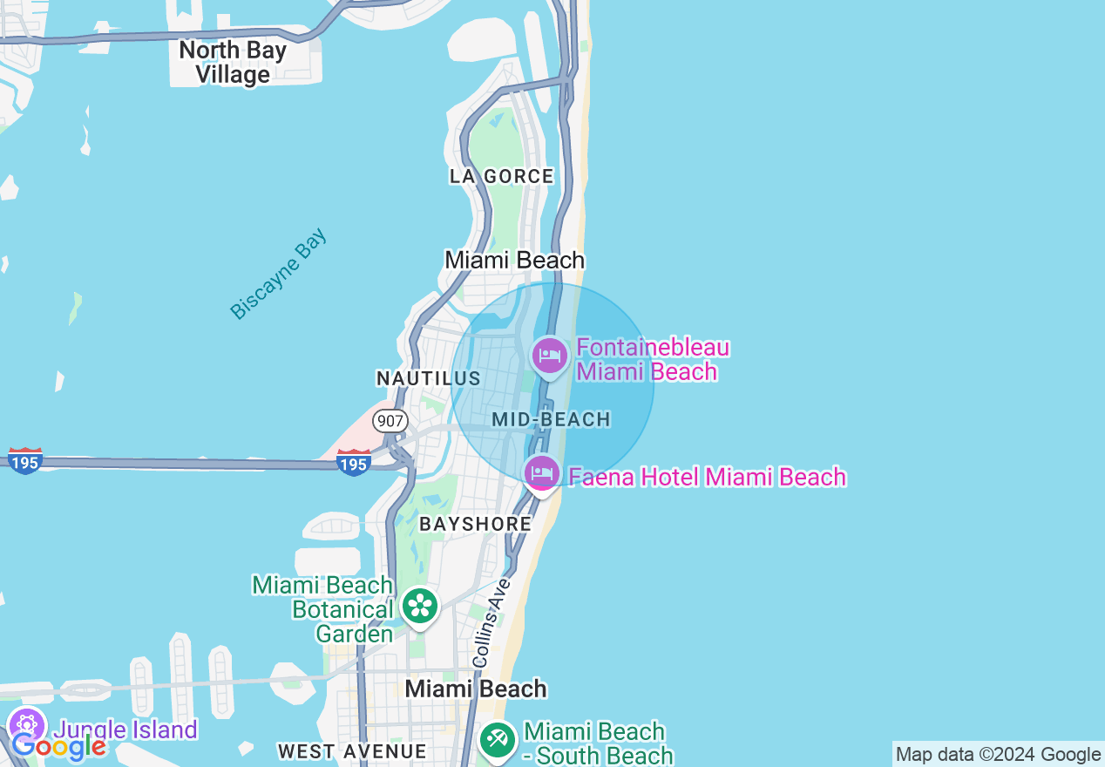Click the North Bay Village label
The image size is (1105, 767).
[233, 62]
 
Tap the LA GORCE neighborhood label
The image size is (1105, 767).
[501, 176]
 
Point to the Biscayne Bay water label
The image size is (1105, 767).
[278, 274]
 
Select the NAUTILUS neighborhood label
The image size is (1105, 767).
[428, 378]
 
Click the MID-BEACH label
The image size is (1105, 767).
[551, 419]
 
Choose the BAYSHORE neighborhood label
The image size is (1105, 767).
[475, 524]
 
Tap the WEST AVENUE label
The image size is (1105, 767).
[352, 751]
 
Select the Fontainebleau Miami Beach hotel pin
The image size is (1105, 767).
[550, 356]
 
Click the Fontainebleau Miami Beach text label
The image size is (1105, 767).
[652, 359]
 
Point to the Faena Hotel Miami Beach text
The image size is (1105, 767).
[707, 477]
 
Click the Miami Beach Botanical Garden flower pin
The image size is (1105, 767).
[420, 605]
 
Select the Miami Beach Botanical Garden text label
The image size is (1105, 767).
[322, 609]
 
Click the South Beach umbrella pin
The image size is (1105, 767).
[498, 741]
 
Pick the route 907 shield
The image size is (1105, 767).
[390, 421]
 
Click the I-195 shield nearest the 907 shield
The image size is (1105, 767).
[354, 462]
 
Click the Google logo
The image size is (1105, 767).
[58, 746]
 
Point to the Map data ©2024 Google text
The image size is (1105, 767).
[998, 755]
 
